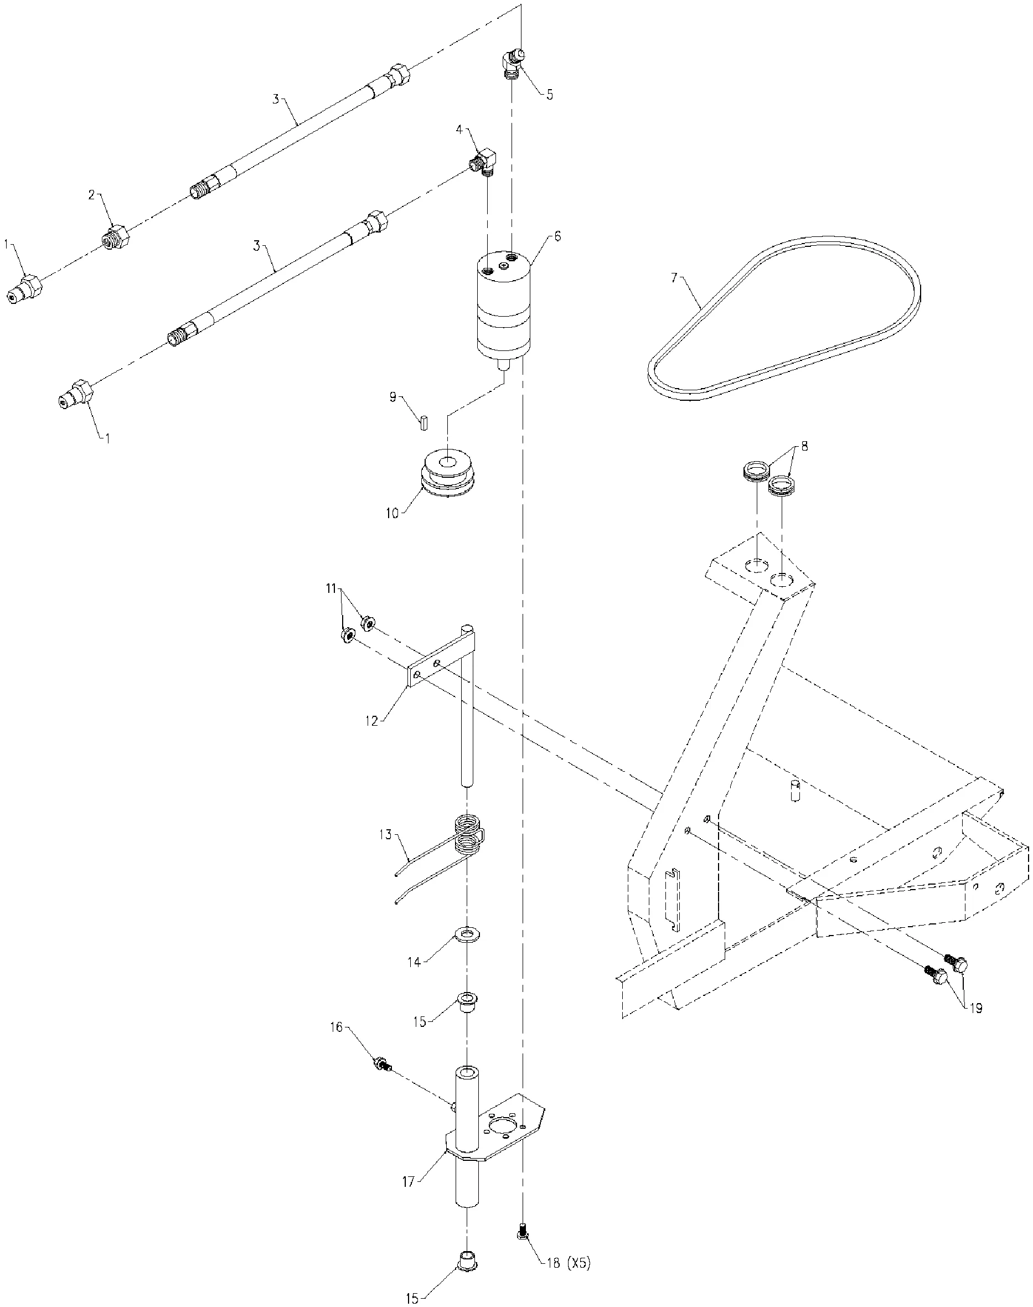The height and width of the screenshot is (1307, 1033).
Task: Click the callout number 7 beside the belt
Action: [674, 278]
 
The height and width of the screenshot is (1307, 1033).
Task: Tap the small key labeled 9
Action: [424, 421]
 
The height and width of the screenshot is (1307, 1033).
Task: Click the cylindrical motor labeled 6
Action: [503, 308]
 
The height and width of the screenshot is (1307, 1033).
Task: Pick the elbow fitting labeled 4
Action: [484, 162]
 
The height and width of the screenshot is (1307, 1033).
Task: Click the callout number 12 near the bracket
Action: [371, 721]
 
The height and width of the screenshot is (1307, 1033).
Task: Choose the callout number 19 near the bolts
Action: [976, 1008]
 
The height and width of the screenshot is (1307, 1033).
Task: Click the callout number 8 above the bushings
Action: [804, 447]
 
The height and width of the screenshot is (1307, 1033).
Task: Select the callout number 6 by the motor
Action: [557, 236]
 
